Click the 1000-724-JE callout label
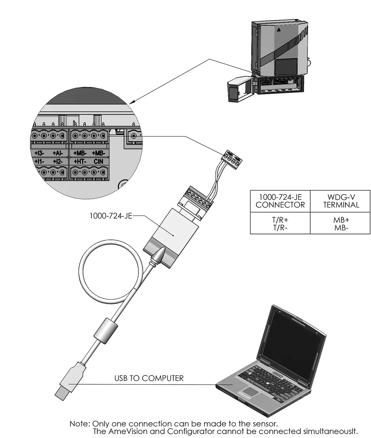click(111, 216)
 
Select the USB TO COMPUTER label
click(149, 378)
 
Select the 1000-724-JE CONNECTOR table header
click(280, 201)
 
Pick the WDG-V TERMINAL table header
click(341, 201)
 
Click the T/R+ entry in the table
click(280, 220)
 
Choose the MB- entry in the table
click(341, 228)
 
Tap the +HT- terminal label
click(80, 161)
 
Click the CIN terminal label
click(99, 161)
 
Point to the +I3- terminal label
click(39, 153)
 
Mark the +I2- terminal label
click(57, 161)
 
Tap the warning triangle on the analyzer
click(279, 30)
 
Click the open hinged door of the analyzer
click(236, 90)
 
